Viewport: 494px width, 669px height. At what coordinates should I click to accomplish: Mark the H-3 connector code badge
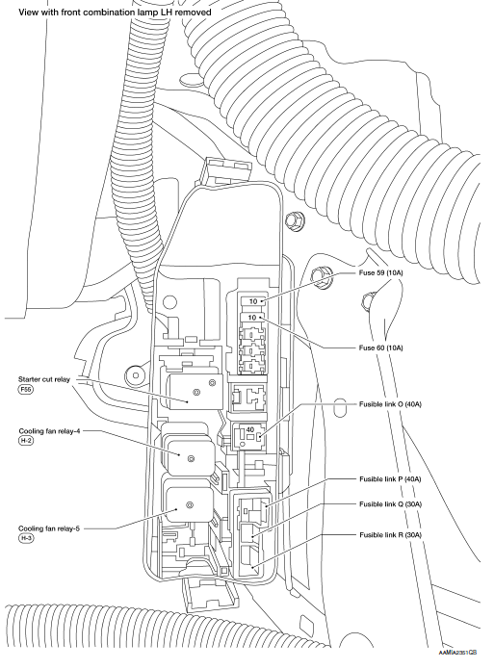point(25,539)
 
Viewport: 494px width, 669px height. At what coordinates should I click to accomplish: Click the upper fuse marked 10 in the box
point(252,300)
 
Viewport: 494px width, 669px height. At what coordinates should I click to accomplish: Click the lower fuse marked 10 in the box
point(252,316)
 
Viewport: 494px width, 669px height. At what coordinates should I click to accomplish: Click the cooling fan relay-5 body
point(190,505)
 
